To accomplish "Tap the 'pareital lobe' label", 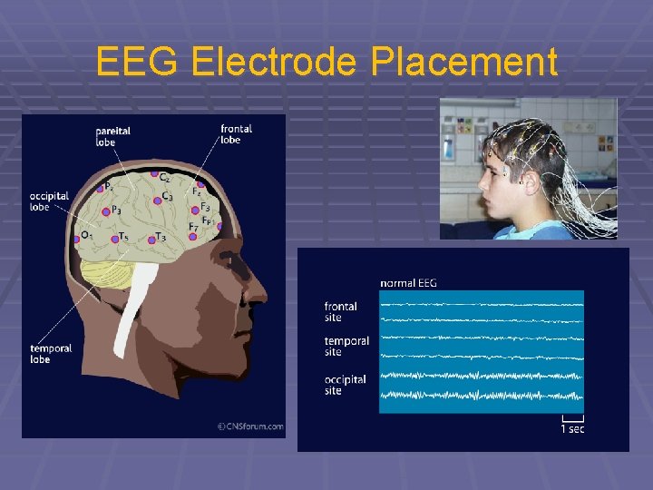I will [112, 136].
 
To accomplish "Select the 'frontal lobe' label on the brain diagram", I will [236, 134].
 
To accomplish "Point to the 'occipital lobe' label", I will [51, 201].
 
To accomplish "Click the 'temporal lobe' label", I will [51, 354].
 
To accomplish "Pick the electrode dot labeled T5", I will [114, 239].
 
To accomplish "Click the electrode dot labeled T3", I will [151, 238].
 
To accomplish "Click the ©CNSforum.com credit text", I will [249, 426].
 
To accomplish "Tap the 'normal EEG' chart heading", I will [408, 283].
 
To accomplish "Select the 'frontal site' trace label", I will [341, 312].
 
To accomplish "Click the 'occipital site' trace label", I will [346, 385].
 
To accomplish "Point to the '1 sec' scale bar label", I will [571, 428].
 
